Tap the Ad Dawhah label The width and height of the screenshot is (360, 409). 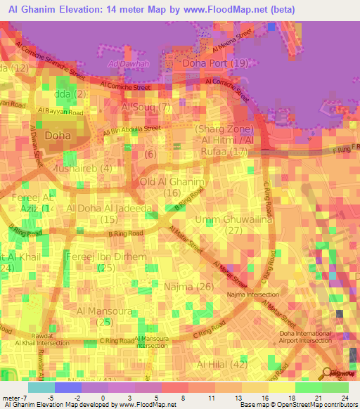125,65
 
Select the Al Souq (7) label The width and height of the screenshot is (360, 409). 146,108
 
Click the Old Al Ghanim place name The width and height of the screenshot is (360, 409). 172,182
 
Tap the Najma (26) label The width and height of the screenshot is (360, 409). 188,287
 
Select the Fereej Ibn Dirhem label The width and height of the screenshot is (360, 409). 105,257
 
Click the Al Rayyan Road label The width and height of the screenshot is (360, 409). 61,111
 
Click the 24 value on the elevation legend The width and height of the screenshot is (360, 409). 344,398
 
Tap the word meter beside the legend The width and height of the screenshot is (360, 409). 11,398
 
